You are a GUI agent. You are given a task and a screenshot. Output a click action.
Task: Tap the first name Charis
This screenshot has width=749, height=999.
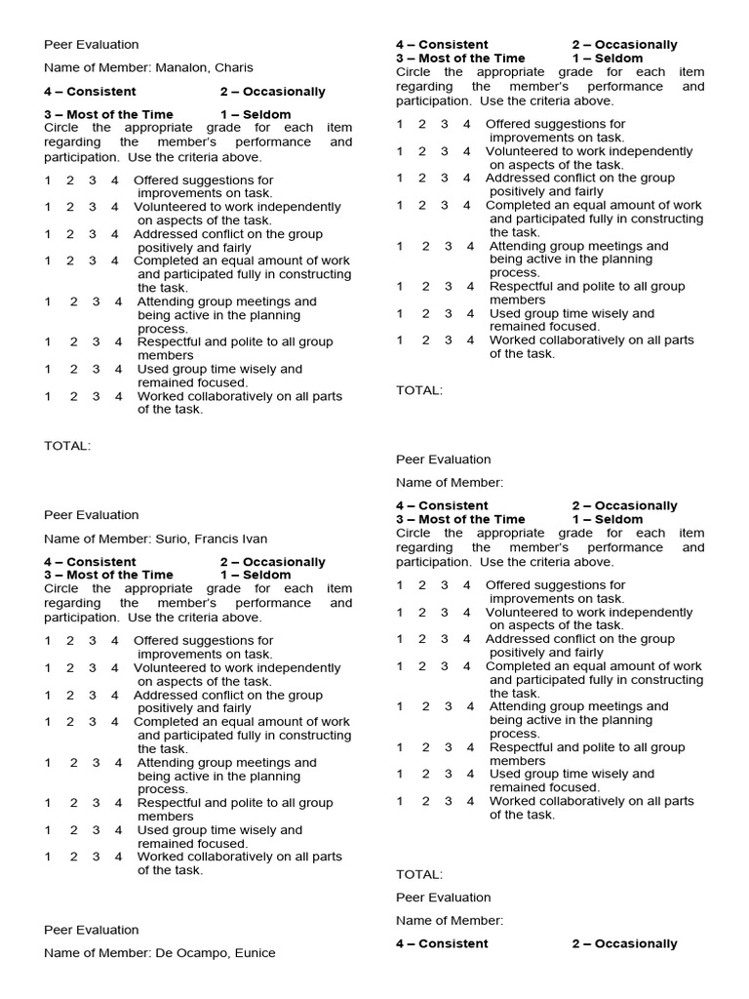(235, 68)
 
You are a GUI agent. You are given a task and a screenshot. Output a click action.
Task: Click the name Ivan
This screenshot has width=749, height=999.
(255, 539)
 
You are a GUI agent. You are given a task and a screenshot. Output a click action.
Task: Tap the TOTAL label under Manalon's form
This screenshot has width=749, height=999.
(67, 446)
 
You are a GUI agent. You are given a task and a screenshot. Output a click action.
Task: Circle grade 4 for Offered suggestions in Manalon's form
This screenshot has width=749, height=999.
(115, 180)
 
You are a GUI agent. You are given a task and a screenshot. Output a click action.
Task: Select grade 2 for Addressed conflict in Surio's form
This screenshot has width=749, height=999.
(70, 696)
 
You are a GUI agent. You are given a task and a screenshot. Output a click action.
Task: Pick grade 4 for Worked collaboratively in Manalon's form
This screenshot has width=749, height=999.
(119, 397)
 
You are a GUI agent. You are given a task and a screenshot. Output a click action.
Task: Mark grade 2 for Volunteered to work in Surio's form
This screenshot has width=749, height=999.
(70, 668)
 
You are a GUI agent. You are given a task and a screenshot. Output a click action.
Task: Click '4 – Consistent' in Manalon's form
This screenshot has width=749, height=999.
(90, 92)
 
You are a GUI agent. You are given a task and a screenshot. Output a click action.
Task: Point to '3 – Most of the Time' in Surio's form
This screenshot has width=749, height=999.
(108, 575)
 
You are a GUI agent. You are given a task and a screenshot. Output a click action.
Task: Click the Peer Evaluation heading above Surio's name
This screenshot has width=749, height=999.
(92, 515)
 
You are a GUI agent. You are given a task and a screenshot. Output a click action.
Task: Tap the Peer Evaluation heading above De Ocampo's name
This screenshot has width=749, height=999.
(92, 930)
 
